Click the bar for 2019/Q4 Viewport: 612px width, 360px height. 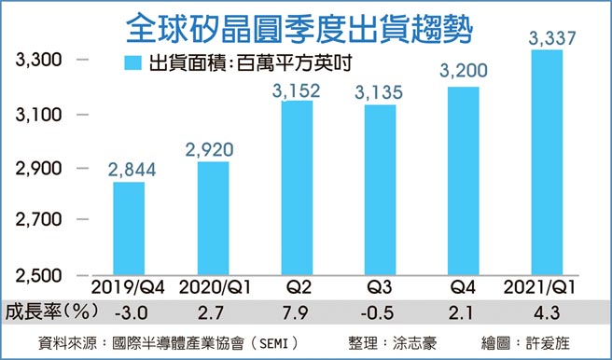pyautogui.click(x=129, y=228)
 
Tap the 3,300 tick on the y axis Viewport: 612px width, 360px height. pyautogui.click(x=38, y=61)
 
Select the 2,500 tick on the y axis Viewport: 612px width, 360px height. pyautogui.click(x=38, y=275)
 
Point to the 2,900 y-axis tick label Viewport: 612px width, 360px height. pyautogui.click(x=38, y=169)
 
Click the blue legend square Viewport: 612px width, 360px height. pyautogui.click(x=132, y=64)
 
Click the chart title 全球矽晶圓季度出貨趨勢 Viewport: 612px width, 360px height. pyautogui.click(x=298, y=26)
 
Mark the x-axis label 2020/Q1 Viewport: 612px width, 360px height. pyautogui.click(x=213, y=285)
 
